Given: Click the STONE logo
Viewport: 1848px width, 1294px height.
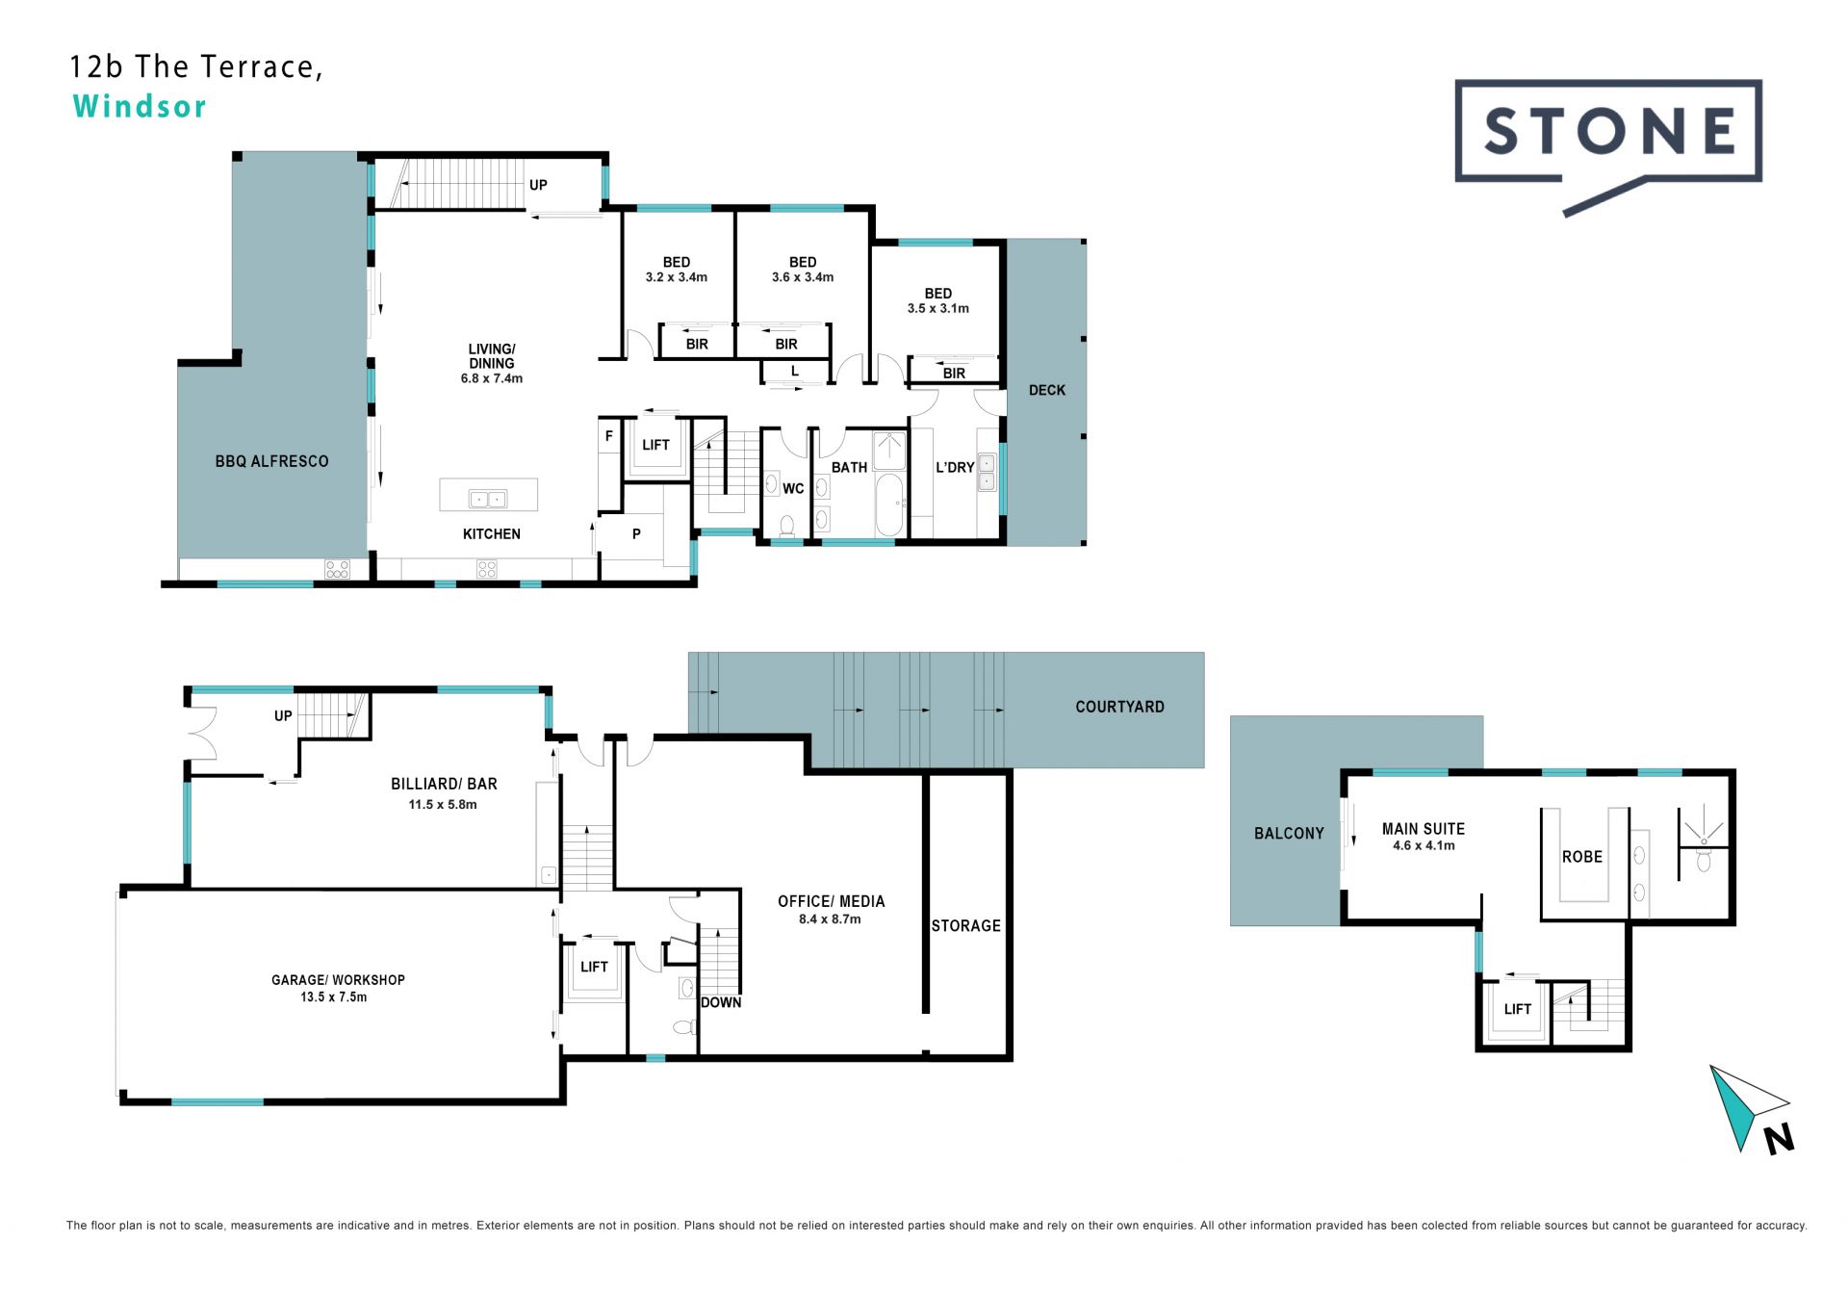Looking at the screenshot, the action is [x=1607, y=144].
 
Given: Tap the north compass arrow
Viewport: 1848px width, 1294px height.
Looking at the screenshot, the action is [x=1744, y=1107].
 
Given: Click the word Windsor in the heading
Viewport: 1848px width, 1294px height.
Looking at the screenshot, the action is [x=140, y=106].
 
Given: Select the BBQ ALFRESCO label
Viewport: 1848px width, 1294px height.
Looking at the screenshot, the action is [x=271, y=461].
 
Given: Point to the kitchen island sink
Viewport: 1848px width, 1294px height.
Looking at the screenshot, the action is [x=487, y=499].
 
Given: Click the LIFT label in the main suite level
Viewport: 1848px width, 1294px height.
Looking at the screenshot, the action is [x=1518, y=1009].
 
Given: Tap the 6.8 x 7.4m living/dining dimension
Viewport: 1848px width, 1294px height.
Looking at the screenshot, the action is [x=492, y=378].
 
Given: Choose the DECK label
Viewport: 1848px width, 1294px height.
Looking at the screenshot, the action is [x=1047, y=390].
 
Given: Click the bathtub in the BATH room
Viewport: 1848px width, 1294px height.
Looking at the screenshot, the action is [x=889, y=504].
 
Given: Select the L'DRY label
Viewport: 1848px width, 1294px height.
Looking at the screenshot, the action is [x=955, y=467].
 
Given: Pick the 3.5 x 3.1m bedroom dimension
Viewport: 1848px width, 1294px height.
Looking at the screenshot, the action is [x=938, y=309].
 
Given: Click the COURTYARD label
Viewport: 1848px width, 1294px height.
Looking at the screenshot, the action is [x=1119, y=707].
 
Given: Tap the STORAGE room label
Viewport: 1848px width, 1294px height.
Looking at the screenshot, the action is [x=965, y=926].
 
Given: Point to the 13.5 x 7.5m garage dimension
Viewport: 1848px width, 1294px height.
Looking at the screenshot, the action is [x=333, y=997].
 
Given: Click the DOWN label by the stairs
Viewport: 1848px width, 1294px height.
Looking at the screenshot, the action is [x=721, y=1002].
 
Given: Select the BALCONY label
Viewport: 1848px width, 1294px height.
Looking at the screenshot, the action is [x=1289, y=834].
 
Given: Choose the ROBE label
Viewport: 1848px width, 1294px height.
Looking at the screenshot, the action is [x=1582, y=857].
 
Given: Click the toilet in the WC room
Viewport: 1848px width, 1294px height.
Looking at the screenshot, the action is [x=786, y=526].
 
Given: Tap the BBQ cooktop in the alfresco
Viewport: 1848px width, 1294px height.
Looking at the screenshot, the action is [x=337, y=569].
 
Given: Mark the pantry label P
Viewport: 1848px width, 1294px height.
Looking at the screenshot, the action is [x=636, y=534].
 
